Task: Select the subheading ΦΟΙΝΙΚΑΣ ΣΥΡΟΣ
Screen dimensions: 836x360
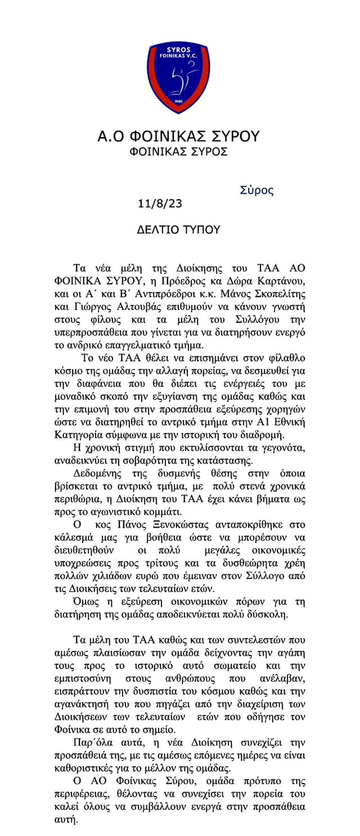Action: coord(178,152)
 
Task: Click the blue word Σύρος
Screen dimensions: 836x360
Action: coord(256,190)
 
